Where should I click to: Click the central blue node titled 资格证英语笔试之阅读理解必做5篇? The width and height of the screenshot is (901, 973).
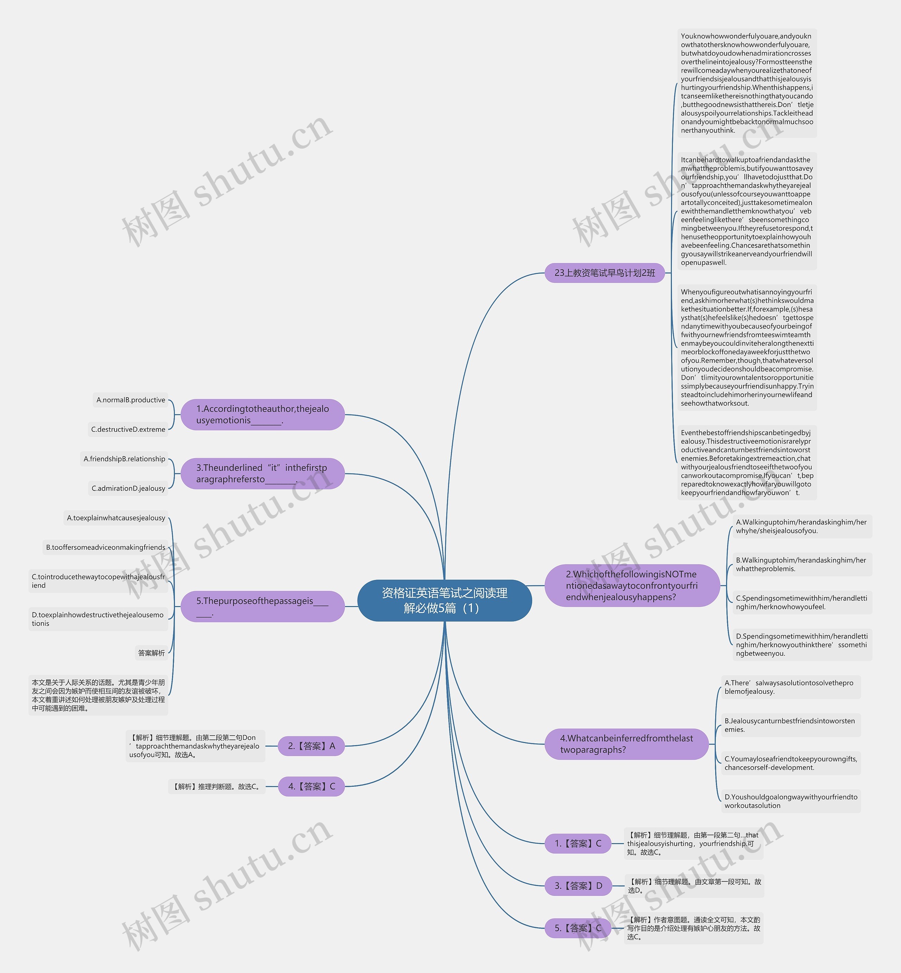pos(444,600)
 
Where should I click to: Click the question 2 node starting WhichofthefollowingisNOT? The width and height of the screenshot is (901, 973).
pos(632,586)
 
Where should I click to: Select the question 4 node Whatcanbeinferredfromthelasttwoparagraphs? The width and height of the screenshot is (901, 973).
pos(626,744)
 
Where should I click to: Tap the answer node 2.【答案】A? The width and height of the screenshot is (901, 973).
pos(311,746)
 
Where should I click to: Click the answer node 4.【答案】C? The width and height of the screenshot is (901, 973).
pos(311,787)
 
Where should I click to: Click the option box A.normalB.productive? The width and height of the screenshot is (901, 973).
pos(131,400)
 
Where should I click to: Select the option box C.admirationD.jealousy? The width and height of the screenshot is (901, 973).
pos(128,488)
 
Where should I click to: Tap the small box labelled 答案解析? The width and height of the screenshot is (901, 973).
pos(152,653)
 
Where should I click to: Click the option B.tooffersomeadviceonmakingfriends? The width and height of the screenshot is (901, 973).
pos(105,547)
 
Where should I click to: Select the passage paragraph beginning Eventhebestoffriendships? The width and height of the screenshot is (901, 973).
pos(747,463)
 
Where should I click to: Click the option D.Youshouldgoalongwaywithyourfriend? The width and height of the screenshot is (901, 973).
pos(791,801)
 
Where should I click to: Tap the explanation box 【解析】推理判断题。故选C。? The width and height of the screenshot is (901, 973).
pos(217,787)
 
